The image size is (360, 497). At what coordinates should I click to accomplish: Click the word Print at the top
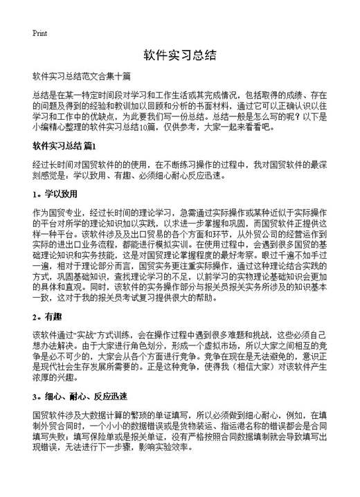pyautogui.click(x=39, y=33)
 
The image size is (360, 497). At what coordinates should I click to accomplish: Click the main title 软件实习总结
pyautogui.click(x=180, y=55)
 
